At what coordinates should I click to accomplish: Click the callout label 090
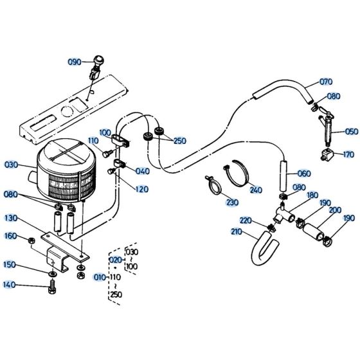(x=75, y=62)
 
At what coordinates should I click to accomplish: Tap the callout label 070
(x=327, y=82)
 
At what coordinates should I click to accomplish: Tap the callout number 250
(x=179, y=141)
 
